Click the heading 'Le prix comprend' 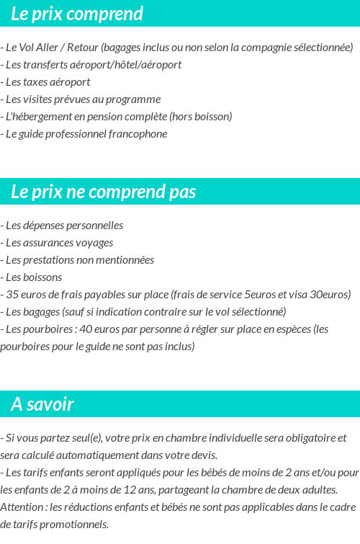[77, 14]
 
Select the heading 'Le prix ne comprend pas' [104, 192]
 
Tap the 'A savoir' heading [42, 404]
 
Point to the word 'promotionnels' [76, 525]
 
